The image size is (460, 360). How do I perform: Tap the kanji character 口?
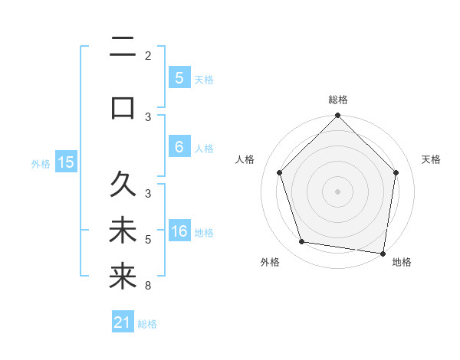(x=123, y=107)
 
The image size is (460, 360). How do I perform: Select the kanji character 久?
(x=123, y=185)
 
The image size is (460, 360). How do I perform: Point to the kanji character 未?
(x=123, y=231)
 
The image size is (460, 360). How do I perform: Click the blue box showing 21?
(x=123, y=323)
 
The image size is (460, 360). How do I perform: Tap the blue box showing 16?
(x=179, y=232)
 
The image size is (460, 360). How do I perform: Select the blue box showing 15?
(x=66, y=162)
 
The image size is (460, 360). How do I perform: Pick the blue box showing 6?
(x=179, y=148)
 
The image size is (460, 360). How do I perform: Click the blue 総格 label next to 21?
(x=147, y=324)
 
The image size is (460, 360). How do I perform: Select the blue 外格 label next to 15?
(x=41, y=163)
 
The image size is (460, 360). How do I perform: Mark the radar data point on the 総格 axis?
(x=337, y=116)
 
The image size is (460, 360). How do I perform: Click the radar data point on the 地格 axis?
(x=383, y=253)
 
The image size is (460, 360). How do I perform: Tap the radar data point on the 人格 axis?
(x=279, y=172)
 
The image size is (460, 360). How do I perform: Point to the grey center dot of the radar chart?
(x=337, y=191)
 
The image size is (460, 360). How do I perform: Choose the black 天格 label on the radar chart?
(x=432, y=159)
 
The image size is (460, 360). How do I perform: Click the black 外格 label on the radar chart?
(x=270, y=262)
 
